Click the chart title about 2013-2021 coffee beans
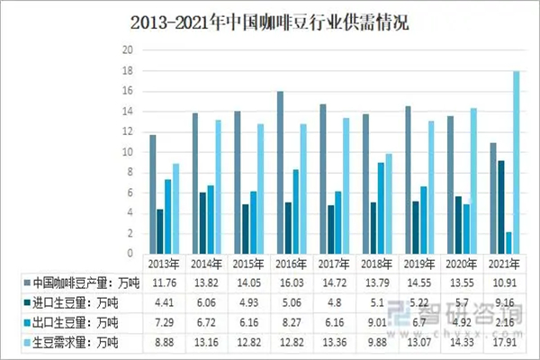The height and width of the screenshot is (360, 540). coord(270,22)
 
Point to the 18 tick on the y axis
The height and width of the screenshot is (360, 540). coord(128,70)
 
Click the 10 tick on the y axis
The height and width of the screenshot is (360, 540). coord(128,151)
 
